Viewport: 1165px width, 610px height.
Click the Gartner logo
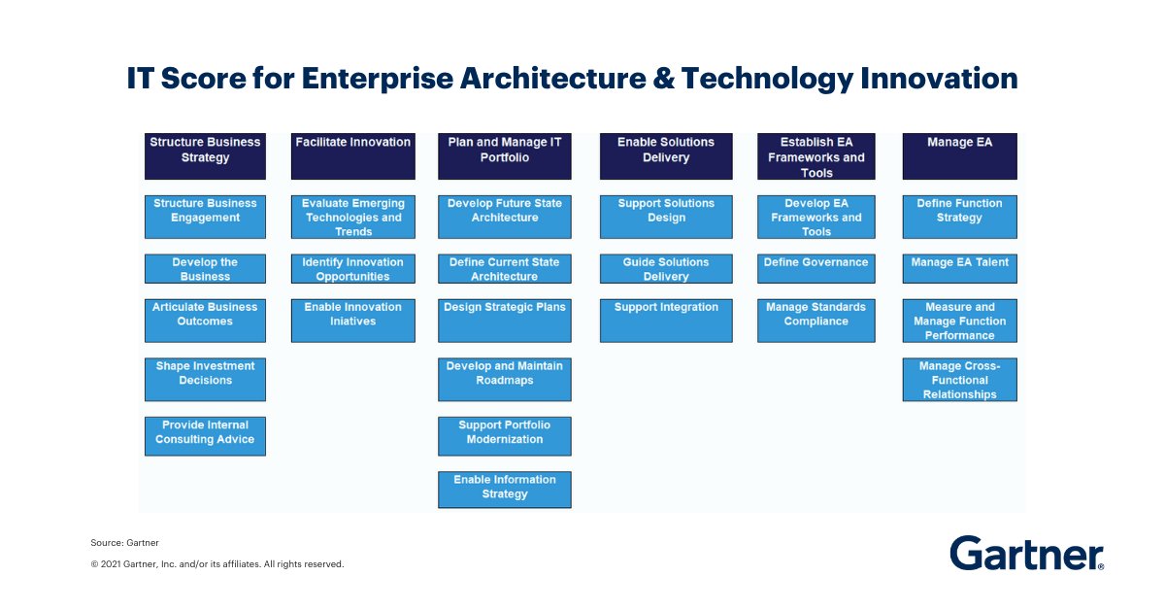[1027, 553]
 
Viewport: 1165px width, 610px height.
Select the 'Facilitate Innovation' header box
[353, 156]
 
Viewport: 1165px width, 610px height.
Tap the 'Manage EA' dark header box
[959, 156]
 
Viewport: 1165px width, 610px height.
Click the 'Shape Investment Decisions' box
[205, 380]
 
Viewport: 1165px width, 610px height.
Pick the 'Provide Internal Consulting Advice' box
[205, 436]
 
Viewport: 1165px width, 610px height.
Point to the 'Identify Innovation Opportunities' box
[353, 268]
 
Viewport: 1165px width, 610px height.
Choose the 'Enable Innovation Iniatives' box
[353, 321]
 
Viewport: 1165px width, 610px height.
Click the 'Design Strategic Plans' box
[505, 321]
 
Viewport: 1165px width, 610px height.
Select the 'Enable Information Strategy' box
[505, 490]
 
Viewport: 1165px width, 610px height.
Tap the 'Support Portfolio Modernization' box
[505, 436]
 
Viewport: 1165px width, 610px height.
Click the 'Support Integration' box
[666, 321]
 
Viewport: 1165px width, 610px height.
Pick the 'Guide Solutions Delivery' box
[666, 268]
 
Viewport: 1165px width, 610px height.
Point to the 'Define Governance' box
[816, 268]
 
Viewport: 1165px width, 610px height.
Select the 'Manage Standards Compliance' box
[816, 321]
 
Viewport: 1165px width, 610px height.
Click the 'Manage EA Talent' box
[959, 268]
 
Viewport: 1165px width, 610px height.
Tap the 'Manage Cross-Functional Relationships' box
[959, 380]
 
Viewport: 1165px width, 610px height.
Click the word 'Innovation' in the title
[939, 78]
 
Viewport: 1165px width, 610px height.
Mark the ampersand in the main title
[663, 78]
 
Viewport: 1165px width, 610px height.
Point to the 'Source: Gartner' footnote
[125, 542]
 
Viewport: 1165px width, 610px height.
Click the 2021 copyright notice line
[217, 564]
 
